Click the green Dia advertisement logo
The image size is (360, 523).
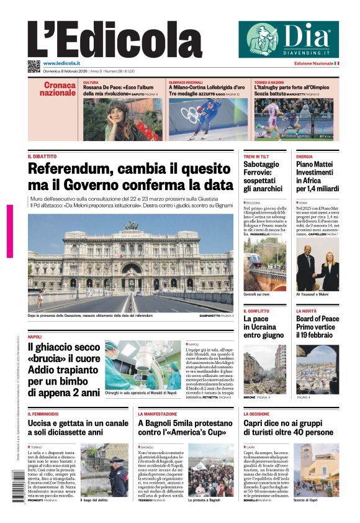click(289, 39)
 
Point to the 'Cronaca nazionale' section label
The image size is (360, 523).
click(60, 89)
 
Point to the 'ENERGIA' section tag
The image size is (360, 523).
click(304, 157)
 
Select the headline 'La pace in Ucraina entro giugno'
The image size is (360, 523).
click(264, 327)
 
